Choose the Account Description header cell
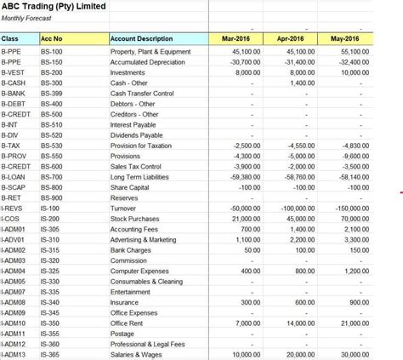tap(142, 39)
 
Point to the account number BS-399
tap(52, 94)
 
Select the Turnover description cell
tap(123, 209)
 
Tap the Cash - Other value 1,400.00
tap(302, 83)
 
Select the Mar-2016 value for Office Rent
tap(247, 323)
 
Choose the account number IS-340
tap(50, 302)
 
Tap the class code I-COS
tap(11, 219)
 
